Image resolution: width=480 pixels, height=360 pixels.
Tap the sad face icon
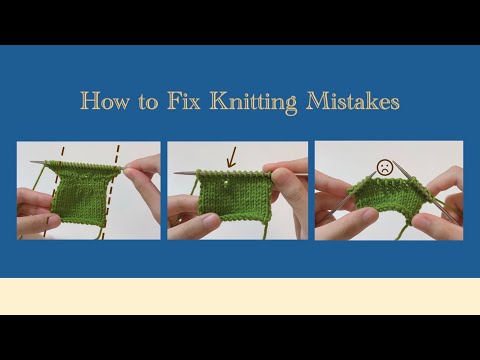point(384,167)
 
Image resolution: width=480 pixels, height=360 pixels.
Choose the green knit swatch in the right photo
point(385,205)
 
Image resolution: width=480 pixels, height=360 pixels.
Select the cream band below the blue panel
point(240,296)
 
